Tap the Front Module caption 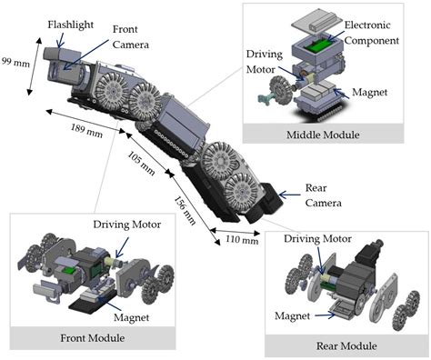(106, 338)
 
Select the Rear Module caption (346, 345)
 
